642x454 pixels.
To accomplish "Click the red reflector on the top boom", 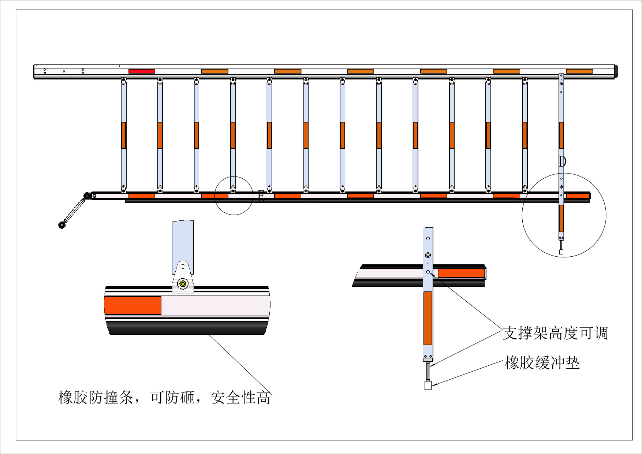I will (x=142, y=71).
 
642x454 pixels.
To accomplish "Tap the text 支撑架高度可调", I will (x=555, y=333).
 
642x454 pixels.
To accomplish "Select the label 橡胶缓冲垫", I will (x=542, y=363).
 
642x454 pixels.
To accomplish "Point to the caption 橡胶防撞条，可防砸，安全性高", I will (x=164, y=398).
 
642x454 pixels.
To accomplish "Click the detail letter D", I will (x=563, y=161).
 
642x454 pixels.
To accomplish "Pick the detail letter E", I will (x=261, y=196).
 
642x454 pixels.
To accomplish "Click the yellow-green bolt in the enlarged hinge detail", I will (x=183, y=284).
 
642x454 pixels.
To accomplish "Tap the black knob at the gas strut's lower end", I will (x=62, y=225).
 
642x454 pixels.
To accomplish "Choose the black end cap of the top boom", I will (x=616, y=71).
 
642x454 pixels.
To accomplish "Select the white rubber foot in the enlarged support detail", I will (x=428, y=385).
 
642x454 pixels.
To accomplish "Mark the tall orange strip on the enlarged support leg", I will (x=428, y=318).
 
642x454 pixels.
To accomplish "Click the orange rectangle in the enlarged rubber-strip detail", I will (x=133, y=305).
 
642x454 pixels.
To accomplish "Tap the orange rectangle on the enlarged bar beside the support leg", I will (x=461, y=273).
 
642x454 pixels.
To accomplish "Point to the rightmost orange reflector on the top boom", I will (x=579, y=71).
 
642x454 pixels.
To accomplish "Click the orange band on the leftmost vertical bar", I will (x=124, y=135).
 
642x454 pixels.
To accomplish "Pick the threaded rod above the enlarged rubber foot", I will (x=428, y=371).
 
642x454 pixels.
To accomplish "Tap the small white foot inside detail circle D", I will (x=561, y=252).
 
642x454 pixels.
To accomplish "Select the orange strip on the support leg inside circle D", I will (x=561, y=218).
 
